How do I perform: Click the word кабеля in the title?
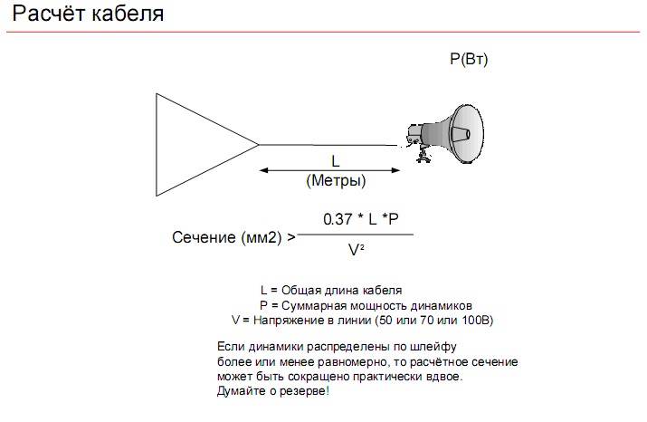click(x=128, y=14)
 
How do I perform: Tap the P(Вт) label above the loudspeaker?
click(x=469, y=59)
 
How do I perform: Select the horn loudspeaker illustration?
click(x=446, y=133)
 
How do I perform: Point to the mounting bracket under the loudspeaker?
click(x=423, y=155)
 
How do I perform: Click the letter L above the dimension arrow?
click(x=336, y=161)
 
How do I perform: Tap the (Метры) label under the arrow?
click(x=336, y=180)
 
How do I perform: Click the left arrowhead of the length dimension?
click(x=264, y=170)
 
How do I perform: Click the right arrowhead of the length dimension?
click(x=395, y=170)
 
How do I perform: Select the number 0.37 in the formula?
click(x=338, y=219)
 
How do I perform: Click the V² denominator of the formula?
click(x=357, y=250)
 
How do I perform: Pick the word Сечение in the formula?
click(x=204, y=237)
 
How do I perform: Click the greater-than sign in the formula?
click(x=291, y=237)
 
